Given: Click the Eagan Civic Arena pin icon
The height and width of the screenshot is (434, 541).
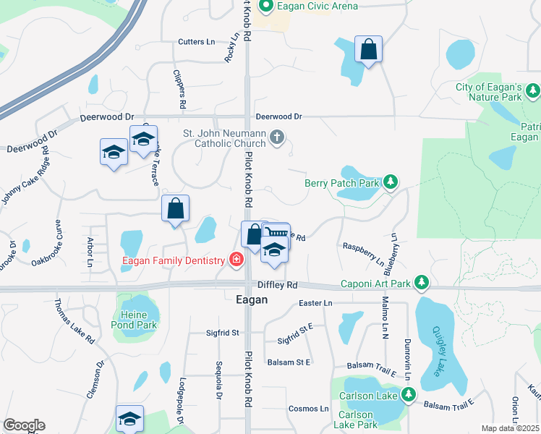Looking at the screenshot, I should point(265,7).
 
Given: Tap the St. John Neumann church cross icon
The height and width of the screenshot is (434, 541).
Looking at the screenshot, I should point(276,137).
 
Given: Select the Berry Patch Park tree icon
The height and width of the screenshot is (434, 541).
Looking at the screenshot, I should point(391,183).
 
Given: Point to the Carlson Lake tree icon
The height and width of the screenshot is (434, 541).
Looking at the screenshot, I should point(409,395).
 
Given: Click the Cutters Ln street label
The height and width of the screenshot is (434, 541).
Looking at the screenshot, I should point(197,42).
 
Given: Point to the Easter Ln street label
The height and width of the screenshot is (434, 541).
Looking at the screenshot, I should point(315,302).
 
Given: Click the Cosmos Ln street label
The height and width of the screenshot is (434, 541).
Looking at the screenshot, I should point(309,409).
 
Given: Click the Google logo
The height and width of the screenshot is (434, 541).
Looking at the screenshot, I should point(24,425).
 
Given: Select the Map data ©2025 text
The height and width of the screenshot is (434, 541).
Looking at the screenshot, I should point(511,428).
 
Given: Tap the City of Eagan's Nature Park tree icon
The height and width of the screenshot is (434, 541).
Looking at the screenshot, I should point(533,91).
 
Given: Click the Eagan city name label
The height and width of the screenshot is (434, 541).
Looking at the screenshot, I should point(252,299).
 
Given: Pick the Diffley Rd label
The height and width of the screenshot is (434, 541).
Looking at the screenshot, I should point(282,285).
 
